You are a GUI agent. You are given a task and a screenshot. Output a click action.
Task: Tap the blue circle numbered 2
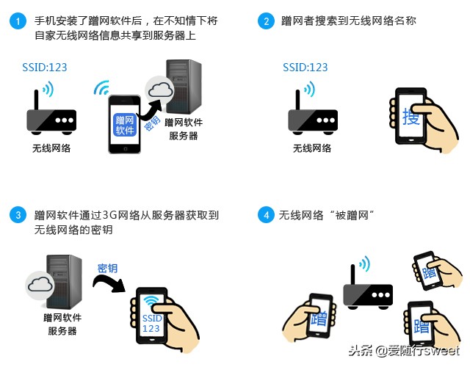click(x=266, y=21)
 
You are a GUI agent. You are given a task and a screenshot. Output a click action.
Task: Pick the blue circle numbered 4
click(x=266, y=215)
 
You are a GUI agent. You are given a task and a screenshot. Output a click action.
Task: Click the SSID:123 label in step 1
click(x=44, y=68)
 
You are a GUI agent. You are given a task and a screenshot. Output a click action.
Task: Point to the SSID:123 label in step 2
click(x=305, y=68)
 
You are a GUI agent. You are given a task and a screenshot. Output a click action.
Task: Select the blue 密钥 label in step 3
click(x=108, y=269)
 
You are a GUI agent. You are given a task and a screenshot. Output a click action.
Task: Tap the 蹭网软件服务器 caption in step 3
click(x=62, y=324)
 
